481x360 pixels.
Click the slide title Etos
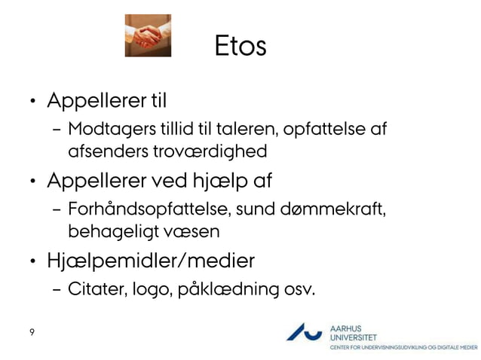pos(240,45)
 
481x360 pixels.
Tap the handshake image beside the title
pos(148,36)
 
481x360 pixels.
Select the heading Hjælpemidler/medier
pos(150,261)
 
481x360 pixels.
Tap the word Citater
pos(93,289)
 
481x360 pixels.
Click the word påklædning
pos(228,290)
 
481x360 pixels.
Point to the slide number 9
pos(32,332)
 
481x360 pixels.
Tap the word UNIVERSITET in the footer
pos(354,337)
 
